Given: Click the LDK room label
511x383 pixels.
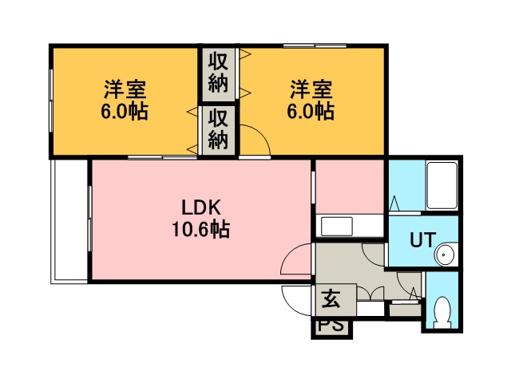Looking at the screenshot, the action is tap(201, 207).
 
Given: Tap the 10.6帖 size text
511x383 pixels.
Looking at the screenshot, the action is tap(200, 229).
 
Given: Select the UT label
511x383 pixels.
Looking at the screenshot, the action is tap(422, 240).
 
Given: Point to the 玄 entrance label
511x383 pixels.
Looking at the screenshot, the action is tap(331, 299).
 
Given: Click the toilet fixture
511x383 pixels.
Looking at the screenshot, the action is tap(442, 312).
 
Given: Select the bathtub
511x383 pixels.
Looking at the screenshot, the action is tap(442, 185).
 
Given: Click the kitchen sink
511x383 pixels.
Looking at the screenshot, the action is tap(337, 227).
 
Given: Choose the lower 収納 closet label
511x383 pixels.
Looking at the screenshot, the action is tap(218, 129).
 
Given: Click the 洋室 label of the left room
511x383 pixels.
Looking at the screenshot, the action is tap(125, 89).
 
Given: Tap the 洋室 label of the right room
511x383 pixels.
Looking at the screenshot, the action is tap(311, 89).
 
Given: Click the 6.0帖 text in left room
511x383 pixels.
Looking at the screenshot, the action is tap(125, 112).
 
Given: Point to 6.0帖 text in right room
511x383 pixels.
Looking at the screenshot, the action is tap(311, 112).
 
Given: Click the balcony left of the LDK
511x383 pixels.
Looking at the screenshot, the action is tap(69, 221).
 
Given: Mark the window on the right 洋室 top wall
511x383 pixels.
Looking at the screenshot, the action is tap(315, 46).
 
